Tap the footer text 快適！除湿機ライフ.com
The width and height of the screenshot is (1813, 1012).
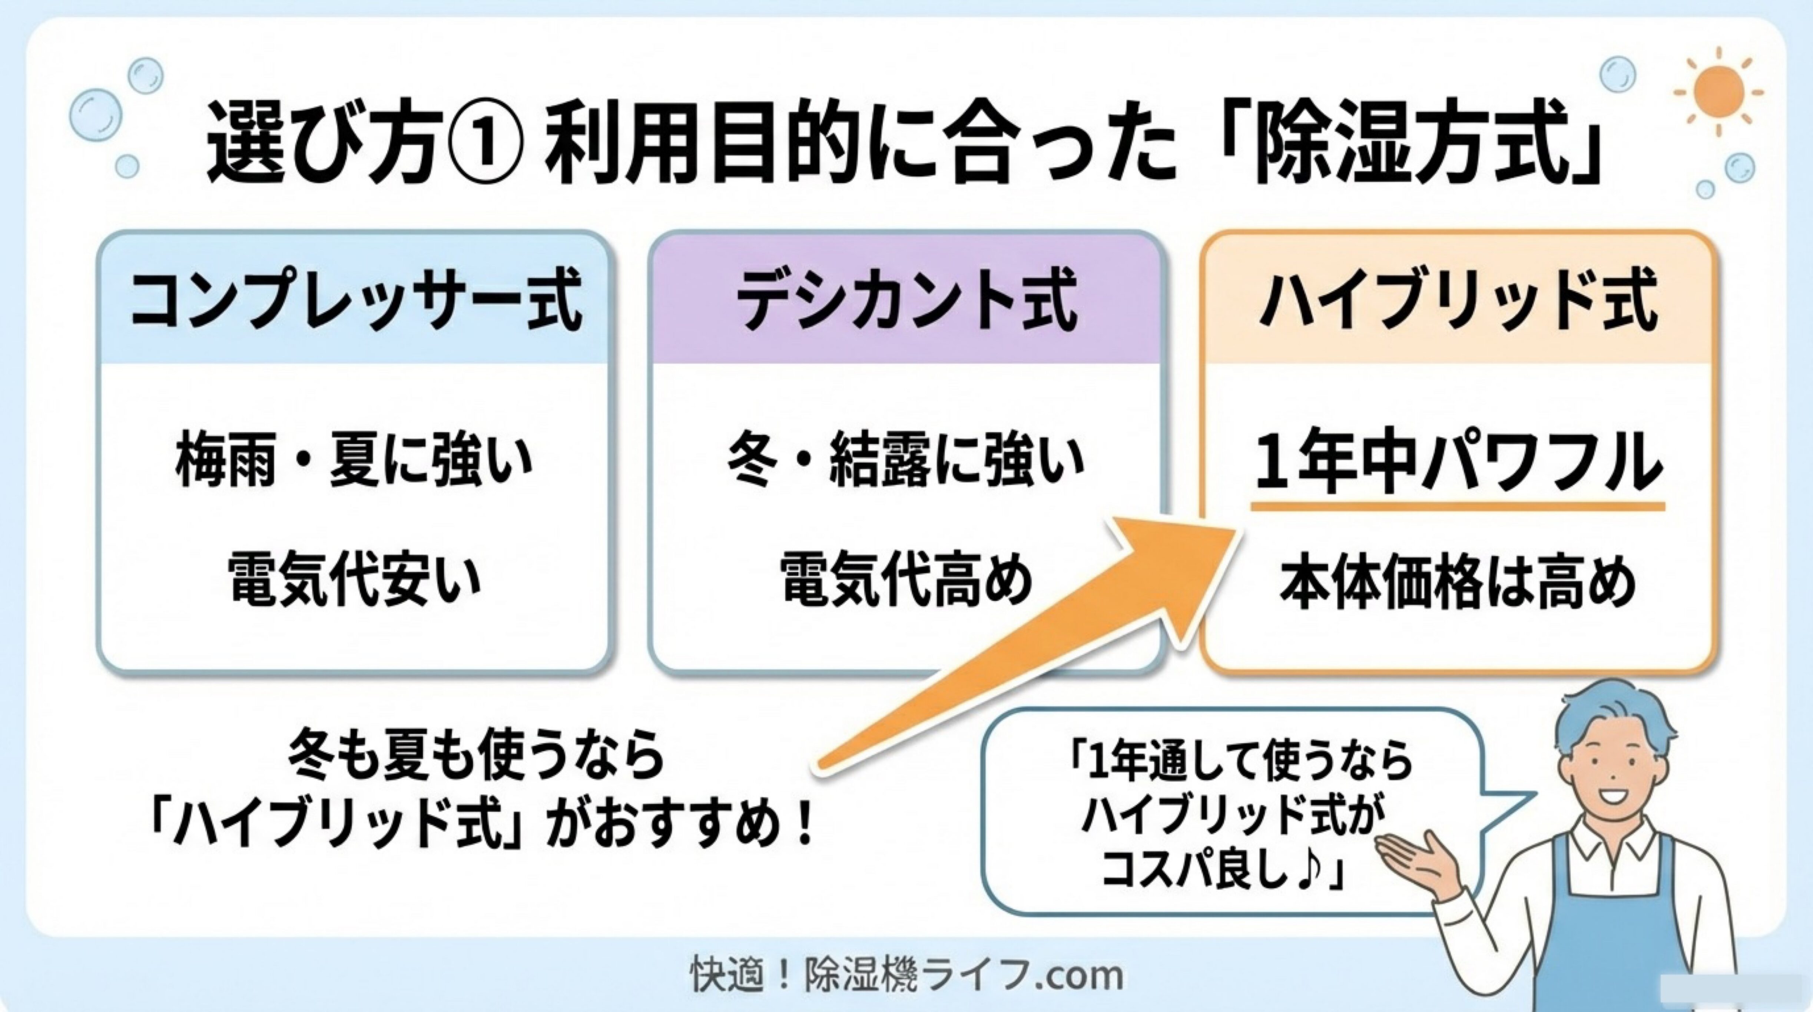(906, 975)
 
